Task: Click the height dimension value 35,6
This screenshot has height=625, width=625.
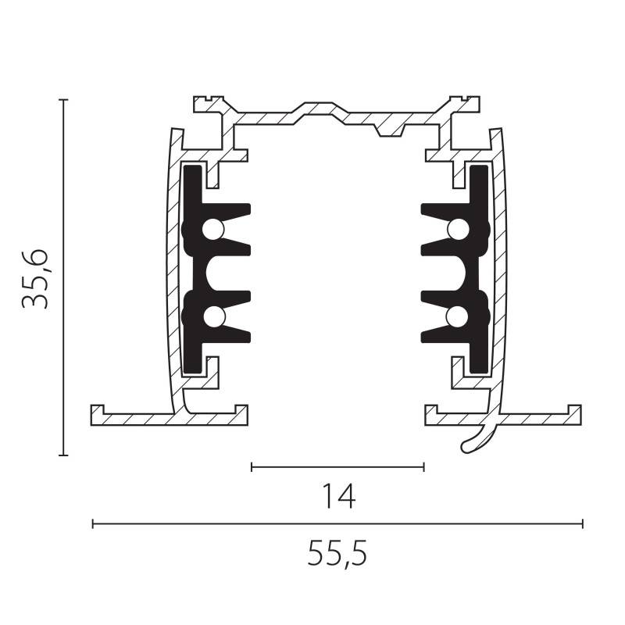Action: point(36,278)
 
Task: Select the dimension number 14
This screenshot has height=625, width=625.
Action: point(337,496)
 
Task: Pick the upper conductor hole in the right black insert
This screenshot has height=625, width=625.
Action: point(459,229)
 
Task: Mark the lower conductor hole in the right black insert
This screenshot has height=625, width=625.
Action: point(459,316)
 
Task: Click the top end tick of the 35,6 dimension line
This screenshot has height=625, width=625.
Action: point(63,100)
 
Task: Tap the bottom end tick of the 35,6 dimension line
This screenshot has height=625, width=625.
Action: point(63,455)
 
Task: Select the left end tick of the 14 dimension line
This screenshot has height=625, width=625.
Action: point(252,467)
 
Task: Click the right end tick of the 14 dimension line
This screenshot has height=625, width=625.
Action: point(423,467)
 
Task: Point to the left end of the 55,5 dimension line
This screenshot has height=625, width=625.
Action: point(93,523)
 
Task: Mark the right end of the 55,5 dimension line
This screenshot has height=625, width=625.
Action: point(582,523)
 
